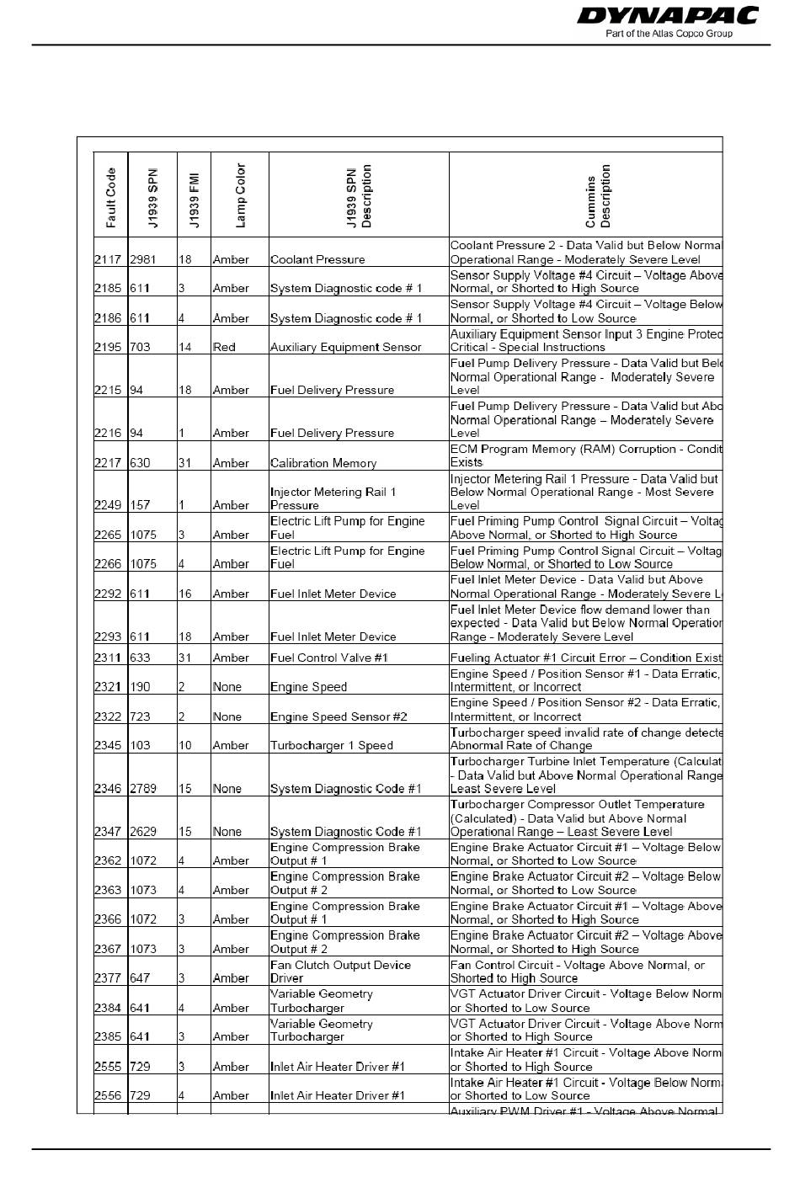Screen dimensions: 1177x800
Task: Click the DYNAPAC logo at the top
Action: coord(668,16)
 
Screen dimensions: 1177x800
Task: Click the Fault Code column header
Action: coord(110,198)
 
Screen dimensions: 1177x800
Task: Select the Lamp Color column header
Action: coord(240,195)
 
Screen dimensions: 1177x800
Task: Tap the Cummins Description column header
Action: coord(598,196)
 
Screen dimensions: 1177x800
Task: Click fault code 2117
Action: coord(108,260)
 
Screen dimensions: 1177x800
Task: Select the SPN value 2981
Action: coord(143,260)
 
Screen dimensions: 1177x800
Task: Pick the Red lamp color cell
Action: coord(224,347)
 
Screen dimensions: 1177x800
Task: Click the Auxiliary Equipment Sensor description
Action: coord(345,347)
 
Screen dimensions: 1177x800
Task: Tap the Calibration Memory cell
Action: coord(323,463)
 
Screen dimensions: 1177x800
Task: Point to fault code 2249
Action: coord(108,505)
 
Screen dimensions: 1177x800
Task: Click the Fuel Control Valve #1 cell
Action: coord(329,658)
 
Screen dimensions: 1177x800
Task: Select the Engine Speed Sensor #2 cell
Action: coord(339,716)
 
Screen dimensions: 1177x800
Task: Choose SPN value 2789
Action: coord(143,789)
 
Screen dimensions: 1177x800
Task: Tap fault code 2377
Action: coord(108,978)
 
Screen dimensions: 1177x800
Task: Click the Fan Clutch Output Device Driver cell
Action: coord(340,972)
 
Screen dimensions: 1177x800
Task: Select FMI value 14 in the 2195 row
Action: coord(185,347)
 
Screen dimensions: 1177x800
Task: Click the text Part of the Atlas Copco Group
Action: coord(669,34)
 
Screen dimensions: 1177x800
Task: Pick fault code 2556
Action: coord(108,1095)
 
